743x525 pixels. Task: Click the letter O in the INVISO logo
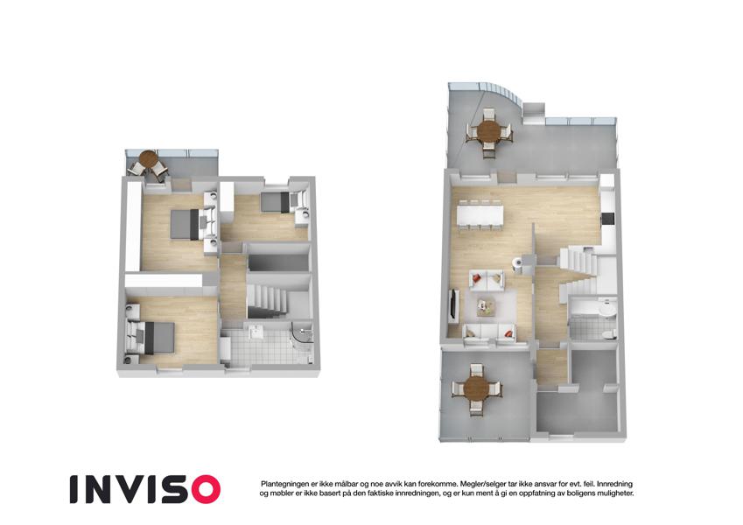202,489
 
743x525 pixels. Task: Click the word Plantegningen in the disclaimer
284,484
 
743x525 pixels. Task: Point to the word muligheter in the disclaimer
615,493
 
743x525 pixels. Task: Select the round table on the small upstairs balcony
148,157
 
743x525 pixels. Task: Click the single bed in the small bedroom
275,202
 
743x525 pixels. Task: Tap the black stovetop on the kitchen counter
607,219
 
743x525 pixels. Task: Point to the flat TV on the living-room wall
452,304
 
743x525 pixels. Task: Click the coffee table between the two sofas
486,306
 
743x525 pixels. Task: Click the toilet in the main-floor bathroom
608,334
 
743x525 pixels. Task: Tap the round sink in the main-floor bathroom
606,309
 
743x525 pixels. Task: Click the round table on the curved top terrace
488,130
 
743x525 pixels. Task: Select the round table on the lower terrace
476,389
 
